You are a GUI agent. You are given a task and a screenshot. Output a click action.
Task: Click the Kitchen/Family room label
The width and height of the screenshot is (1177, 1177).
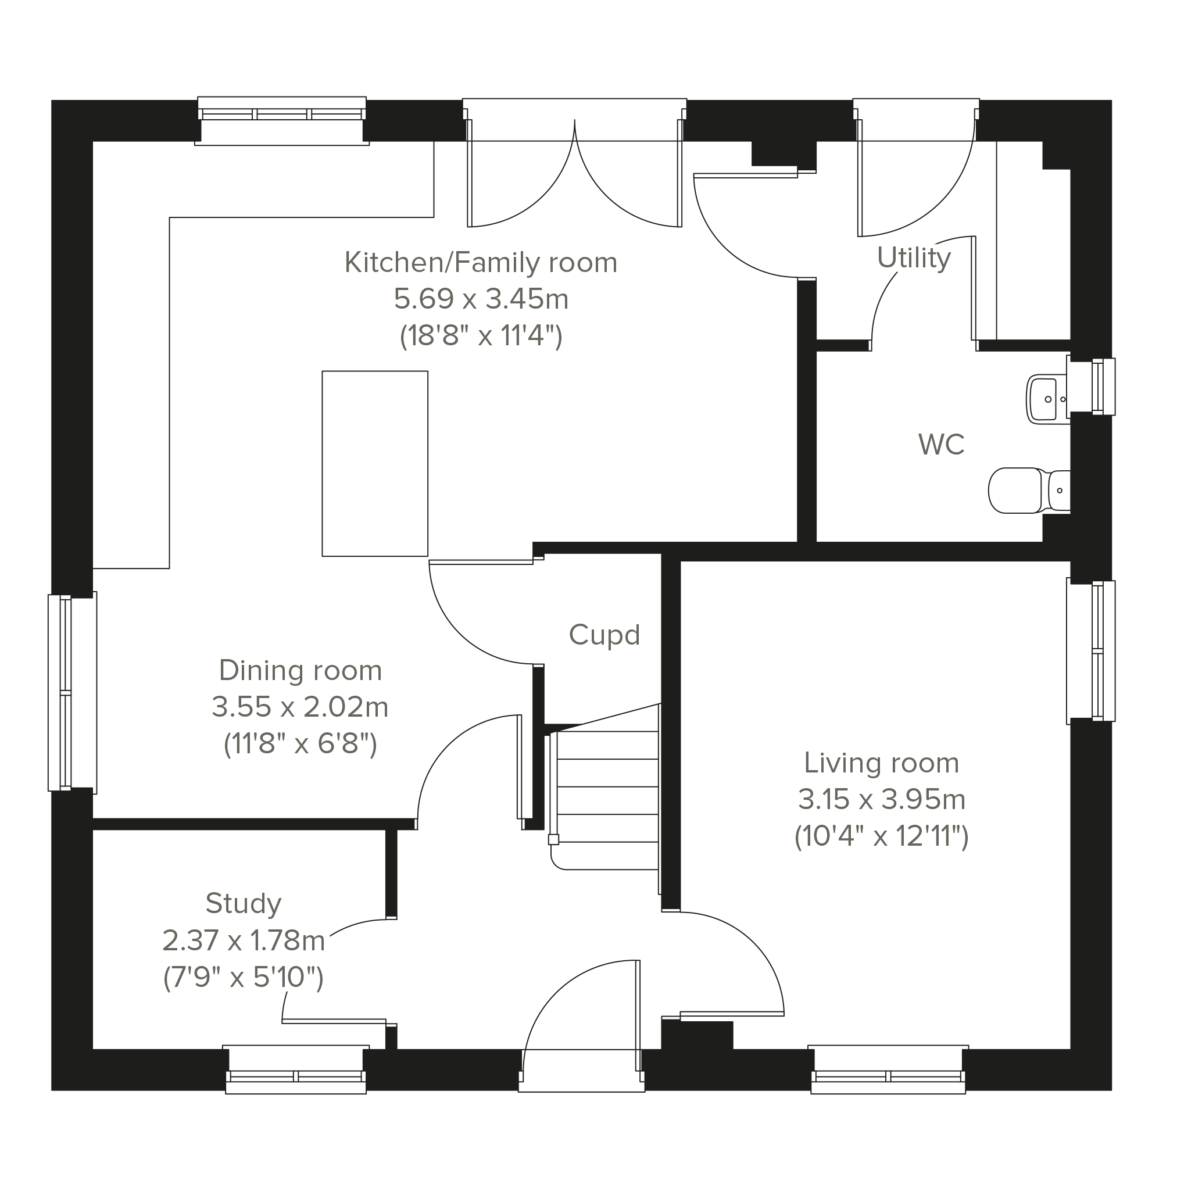pos(481,263)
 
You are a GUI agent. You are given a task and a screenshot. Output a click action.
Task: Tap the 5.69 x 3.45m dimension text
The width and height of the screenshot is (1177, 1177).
pos(481,299)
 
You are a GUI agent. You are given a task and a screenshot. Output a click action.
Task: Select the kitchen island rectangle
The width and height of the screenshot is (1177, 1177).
pos(375,464)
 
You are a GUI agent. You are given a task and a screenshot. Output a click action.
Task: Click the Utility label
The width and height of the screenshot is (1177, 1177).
pos(914,258)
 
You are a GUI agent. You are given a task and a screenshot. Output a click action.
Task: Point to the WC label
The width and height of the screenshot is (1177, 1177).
pos(941,445)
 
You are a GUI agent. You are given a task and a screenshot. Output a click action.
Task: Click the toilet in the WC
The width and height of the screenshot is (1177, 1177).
pos(1029,491)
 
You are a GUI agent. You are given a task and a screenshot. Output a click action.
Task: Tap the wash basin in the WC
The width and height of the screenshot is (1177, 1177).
pos(1047,399)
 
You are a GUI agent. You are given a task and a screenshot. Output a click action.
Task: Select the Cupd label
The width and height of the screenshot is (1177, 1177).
pos(604,635)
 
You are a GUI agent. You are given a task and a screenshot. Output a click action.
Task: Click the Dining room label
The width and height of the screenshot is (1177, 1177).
pos(300,671)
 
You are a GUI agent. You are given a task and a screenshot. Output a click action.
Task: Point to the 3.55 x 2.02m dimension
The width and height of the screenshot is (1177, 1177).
pos(300,707)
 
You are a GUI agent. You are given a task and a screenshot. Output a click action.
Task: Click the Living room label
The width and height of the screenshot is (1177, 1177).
pos(882,763)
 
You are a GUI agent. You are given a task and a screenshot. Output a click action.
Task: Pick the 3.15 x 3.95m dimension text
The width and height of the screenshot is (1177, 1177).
pos(882,799)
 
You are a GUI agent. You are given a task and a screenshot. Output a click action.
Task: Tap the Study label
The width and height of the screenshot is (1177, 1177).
pos(243,903)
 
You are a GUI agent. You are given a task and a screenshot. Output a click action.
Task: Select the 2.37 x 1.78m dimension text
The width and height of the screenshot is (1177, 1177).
pos(243,940)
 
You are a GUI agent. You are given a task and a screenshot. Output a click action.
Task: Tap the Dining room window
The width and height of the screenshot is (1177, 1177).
pos(72,693)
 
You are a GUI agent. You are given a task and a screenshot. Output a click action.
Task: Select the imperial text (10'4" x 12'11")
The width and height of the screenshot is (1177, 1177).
pos(882,836)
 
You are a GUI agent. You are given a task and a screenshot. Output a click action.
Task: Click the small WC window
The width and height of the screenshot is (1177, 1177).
pos(1092,387)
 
